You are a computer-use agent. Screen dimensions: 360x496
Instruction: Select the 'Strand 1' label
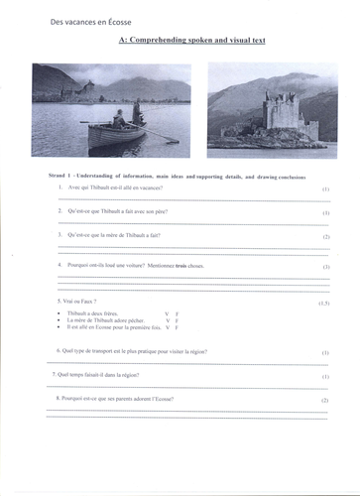[x=60, y=175]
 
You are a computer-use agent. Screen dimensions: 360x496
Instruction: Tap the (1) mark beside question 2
[x=325, y=212]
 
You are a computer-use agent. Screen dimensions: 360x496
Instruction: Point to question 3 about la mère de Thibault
[x=114, y=236]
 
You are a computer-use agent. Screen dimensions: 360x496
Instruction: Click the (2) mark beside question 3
[x=325, y=237]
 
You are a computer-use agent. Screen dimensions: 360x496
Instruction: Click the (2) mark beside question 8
[x=325, y=400]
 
